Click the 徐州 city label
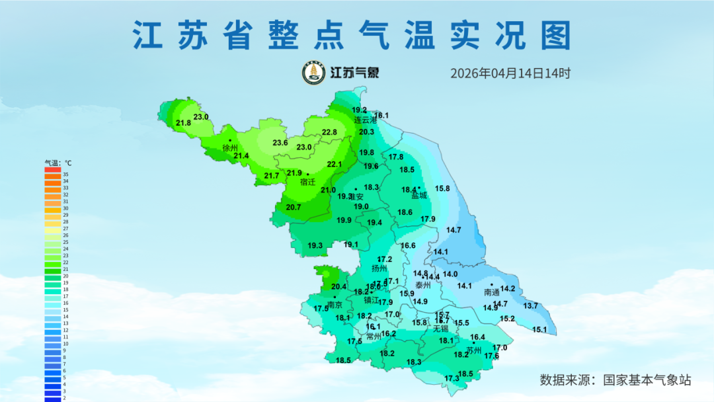click(230, 148)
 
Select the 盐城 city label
click(419, 195)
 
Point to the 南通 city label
click(491, 292)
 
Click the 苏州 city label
click(473, 350)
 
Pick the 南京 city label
click(335, 305)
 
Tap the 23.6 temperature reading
click(280, 143)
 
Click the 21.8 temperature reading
click(184, 123)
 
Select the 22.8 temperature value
click(329, 132)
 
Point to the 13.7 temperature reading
click(531, 306)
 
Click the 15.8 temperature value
click(442, 188)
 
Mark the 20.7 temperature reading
click(294, 207)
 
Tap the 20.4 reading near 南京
click(338, 286)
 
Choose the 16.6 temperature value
click(408, 245)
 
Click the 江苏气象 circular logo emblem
click(313, 73)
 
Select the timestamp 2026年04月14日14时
click(510, 73)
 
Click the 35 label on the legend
click(65, 175)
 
